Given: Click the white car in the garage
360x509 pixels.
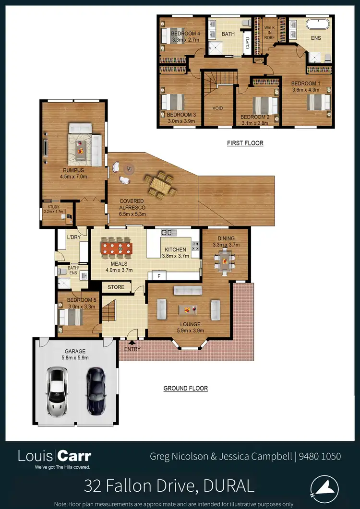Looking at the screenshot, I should point(57,391).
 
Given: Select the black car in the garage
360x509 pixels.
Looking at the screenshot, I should point(96,391).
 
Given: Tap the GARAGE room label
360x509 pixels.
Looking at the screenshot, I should point(75,351).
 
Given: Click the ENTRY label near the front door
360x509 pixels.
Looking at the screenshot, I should point(132,349).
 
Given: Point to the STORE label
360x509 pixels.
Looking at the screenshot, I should point(116,287).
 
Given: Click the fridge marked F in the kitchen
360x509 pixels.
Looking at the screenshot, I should point(159,276).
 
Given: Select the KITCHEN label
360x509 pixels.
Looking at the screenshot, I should point(175,250).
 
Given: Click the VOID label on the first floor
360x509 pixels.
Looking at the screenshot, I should point(217,108).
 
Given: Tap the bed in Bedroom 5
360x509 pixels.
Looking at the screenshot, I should point(71,317).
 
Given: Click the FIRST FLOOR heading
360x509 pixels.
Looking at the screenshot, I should point(245,143).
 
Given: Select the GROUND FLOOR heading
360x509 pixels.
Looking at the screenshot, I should point(185,388).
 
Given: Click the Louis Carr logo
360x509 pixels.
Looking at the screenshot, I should point(54,457).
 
